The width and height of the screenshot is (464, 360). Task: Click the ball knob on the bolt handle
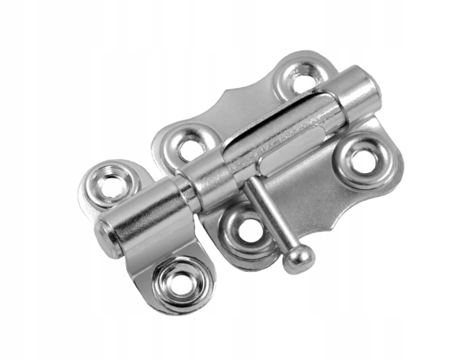coord(299,259)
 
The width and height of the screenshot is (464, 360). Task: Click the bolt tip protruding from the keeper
coord(106,237)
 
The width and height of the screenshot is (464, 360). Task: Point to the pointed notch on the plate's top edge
coord(227,93)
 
